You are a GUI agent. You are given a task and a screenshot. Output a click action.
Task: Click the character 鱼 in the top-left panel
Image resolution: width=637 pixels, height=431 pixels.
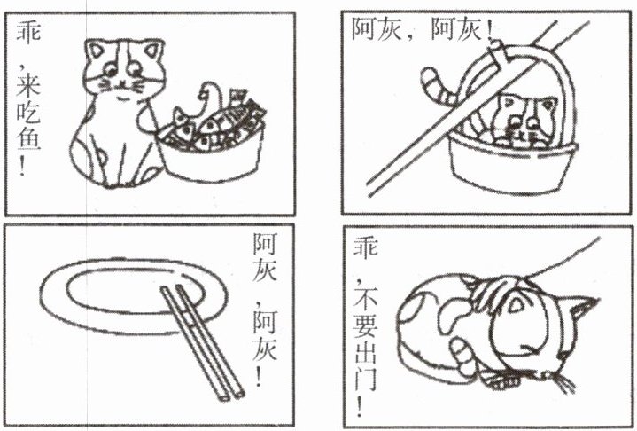coord(28,139)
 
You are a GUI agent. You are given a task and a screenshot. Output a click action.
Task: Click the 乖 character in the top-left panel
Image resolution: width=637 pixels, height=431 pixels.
coord(28,31)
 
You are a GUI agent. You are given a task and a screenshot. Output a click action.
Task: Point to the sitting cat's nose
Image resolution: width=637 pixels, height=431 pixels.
coord(121,84)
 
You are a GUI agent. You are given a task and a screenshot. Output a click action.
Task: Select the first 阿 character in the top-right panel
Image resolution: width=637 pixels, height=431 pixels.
coord(363,29)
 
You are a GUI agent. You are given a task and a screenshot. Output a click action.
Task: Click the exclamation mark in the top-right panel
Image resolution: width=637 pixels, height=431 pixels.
coord(489,29)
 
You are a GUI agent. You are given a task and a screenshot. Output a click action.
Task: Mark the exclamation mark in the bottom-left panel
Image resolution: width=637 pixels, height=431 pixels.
coord(259,375)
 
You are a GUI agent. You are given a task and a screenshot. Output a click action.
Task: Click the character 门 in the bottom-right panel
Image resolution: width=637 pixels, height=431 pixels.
coord(366,380)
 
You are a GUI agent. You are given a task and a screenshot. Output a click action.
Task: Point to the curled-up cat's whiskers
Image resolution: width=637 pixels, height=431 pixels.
coord(563,382)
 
